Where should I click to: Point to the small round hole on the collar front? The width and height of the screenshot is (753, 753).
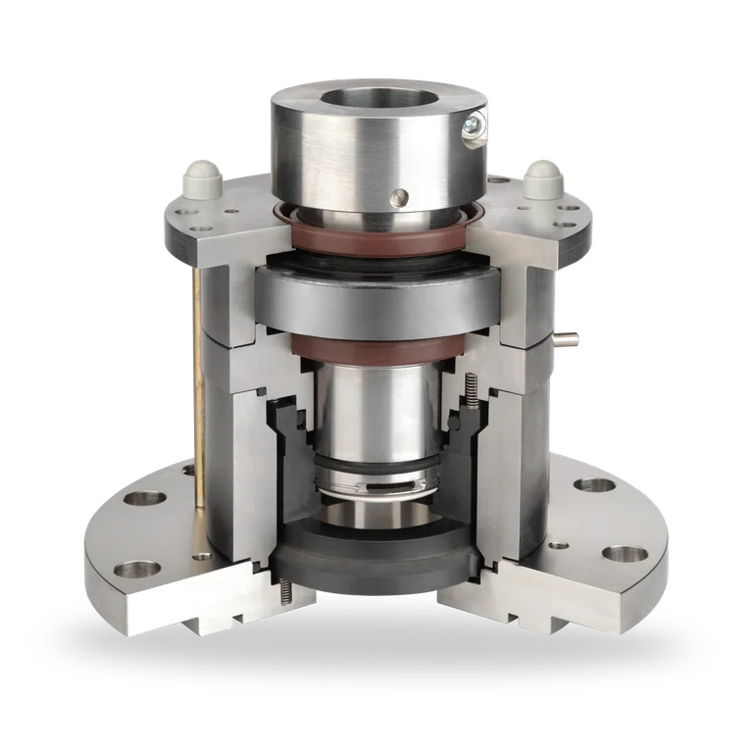(x=397, y=198)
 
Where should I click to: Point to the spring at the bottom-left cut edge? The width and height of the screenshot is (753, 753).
(x=285, y=591)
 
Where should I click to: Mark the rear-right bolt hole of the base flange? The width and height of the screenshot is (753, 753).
(x=593, y=484)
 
